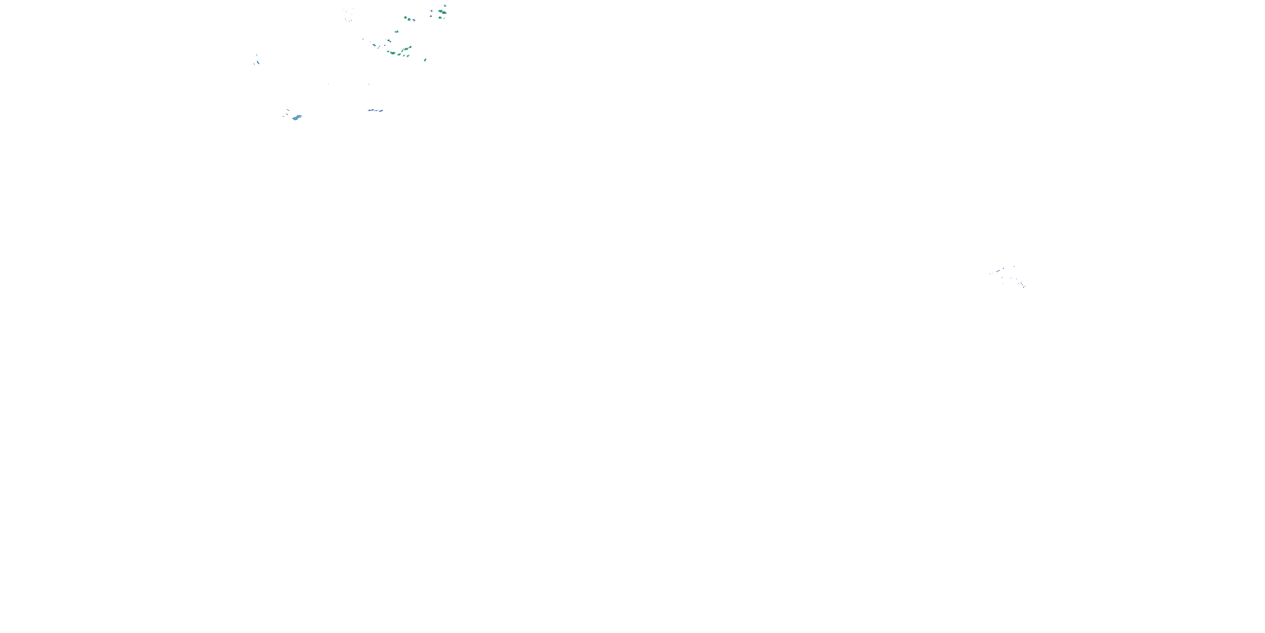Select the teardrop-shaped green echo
pos(409,19)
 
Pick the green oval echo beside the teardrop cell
pos(406,18)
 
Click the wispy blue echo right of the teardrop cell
pos(414,20)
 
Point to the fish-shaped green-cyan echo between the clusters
pos(397,32)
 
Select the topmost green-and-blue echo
pos(445,6)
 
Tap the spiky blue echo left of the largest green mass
pos(432,11)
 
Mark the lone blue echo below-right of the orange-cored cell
pos(426,60)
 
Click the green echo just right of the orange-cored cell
pos(411,47)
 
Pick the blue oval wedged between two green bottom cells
pos(404,56)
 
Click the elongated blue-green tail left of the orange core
pos(403,51)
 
